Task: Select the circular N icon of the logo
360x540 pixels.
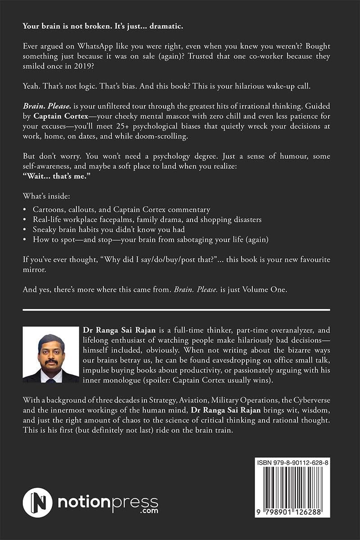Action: pos(38,502)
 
